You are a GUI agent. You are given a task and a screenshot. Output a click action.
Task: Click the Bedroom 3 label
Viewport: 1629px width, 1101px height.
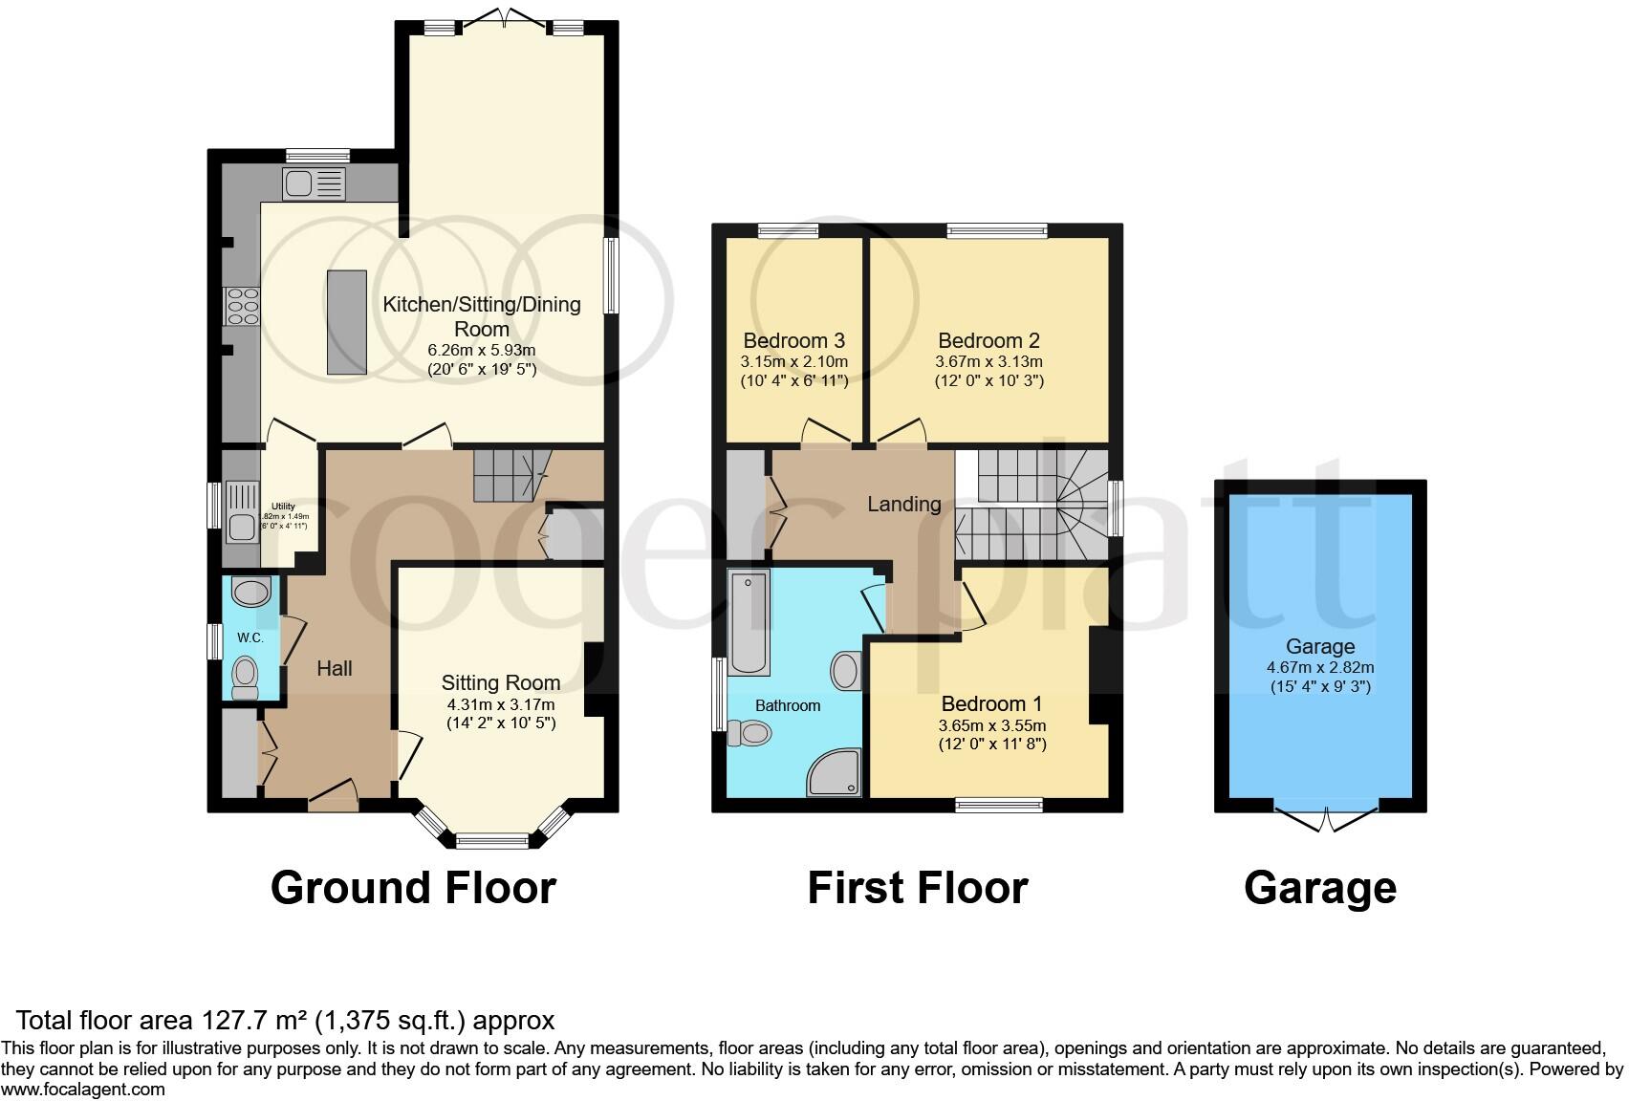(793, 341)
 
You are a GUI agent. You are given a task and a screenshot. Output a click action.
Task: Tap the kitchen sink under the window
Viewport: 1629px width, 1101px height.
(313, 182)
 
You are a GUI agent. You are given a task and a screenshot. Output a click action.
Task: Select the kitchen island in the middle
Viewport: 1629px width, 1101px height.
(347, 322)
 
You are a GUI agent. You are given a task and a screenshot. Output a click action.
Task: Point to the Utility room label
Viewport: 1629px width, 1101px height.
(283, 507)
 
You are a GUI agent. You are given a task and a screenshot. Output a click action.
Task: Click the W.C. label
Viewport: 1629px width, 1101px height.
(250, 637)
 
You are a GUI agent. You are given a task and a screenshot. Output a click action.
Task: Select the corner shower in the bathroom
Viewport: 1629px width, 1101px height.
(836, 772)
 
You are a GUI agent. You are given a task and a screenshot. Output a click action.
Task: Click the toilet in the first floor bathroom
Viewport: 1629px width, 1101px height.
(750, 733)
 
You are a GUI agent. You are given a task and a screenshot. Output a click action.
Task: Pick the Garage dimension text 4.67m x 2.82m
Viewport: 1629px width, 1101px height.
(1319, 668)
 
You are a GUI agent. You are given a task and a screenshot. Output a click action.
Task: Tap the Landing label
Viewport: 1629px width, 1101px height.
(903, 504)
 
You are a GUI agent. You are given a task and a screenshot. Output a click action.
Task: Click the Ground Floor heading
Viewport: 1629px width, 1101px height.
(413, 888)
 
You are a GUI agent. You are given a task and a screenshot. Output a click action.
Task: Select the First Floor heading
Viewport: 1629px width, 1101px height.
(917, 888)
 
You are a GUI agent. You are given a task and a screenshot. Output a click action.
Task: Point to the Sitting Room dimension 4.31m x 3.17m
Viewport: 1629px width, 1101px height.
(501, 704)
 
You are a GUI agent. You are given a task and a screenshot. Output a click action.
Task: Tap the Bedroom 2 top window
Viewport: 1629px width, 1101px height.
(996, 230)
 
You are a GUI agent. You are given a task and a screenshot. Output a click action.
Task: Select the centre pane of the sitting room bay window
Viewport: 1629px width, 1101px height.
(492, 842)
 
